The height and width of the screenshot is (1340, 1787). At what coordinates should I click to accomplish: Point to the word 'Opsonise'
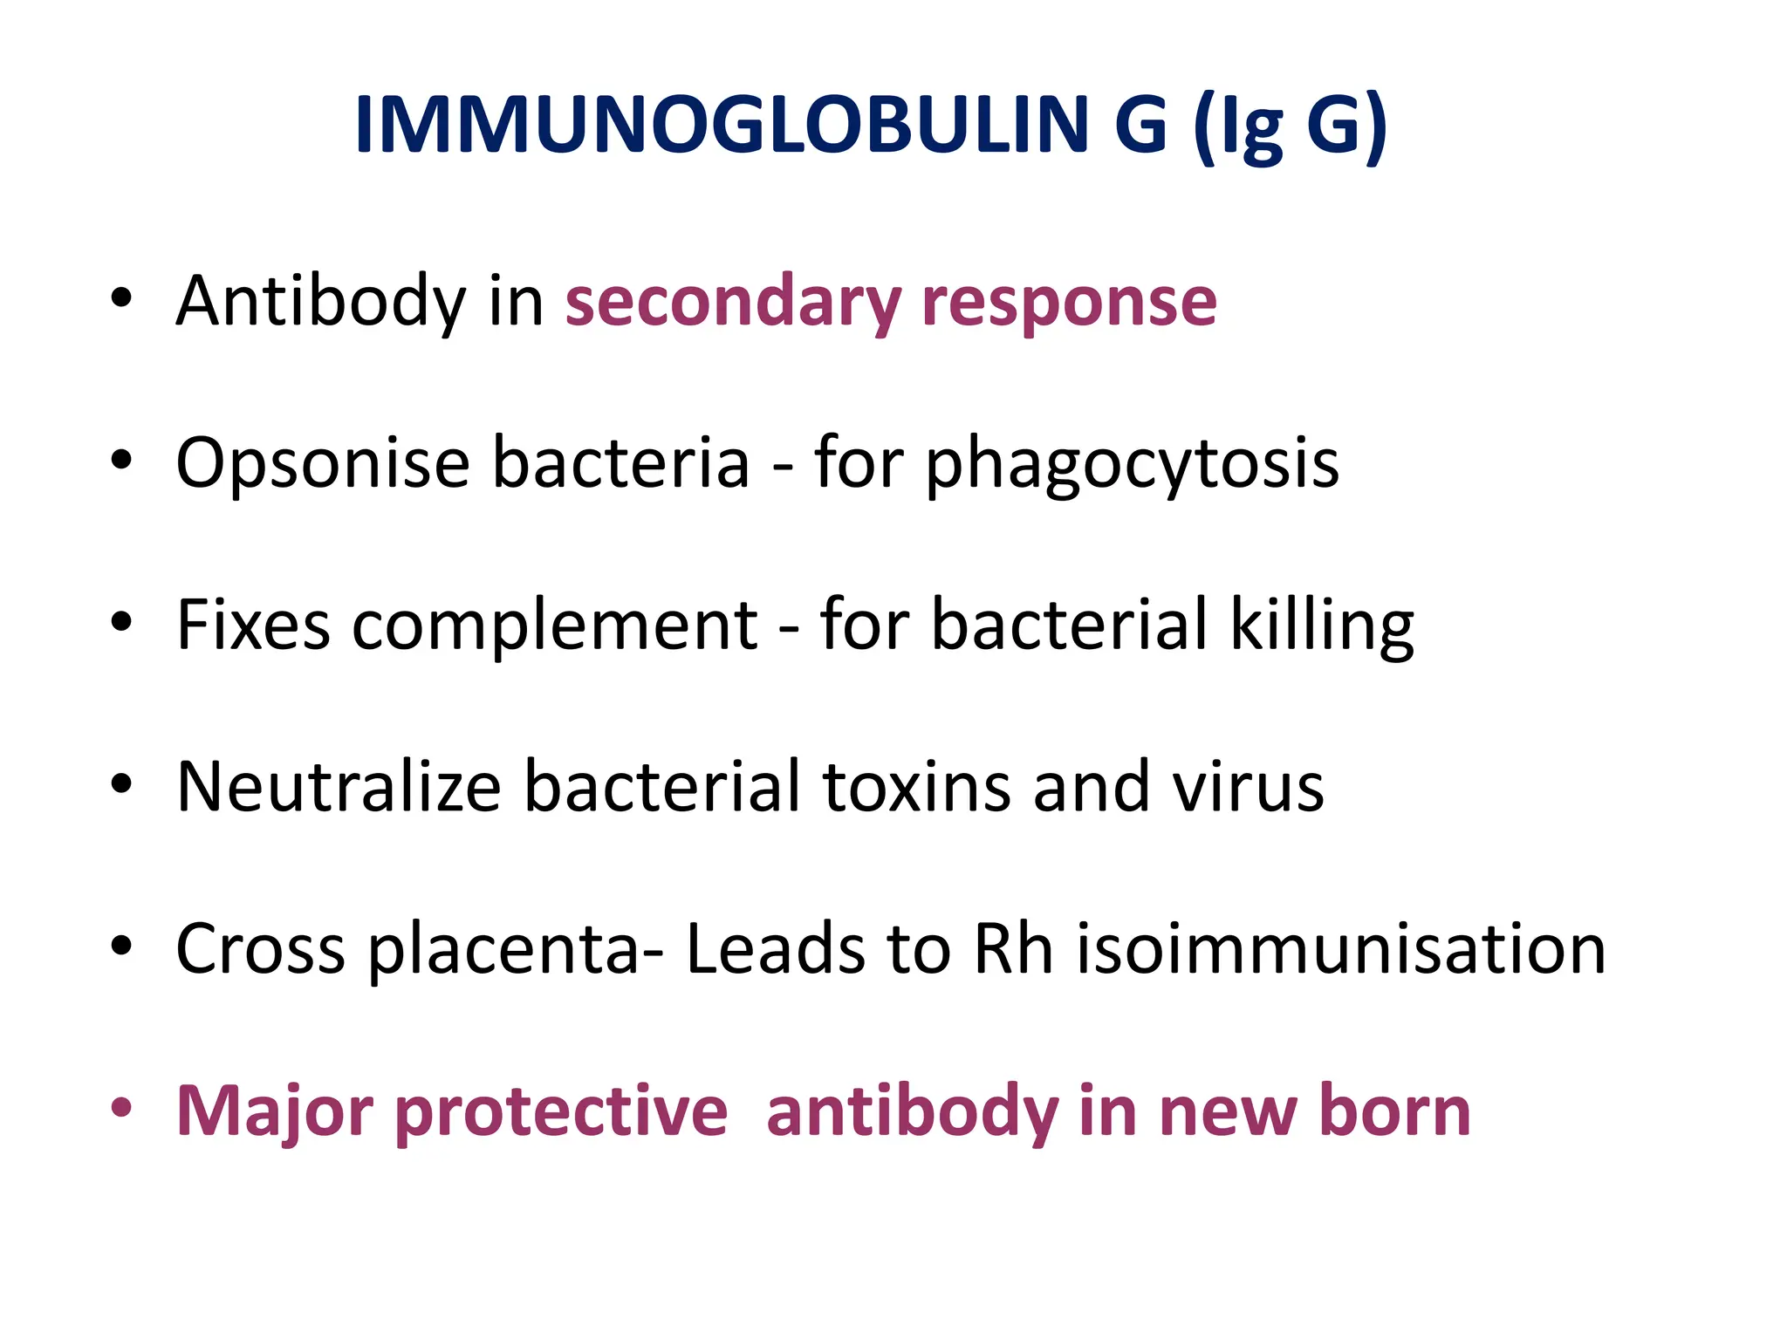(x=323, y=463)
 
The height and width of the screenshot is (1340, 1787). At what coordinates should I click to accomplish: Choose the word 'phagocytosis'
(x=1132, y=463)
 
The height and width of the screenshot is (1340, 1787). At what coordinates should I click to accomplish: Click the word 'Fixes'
(x=253, y=625)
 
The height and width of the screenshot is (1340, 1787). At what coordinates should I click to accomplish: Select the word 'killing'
(x=1322, y=625)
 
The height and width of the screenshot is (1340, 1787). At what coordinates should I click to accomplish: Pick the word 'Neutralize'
(x=339, y=787)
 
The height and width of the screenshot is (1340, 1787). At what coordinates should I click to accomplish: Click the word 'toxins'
(x=917, y=787)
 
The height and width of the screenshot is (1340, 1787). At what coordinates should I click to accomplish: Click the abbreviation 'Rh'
(x=1013, y=948)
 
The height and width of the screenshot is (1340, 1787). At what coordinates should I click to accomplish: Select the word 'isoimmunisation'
(x=1341, y=948)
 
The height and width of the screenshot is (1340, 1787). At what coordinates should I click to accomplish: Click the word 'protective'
(x=561, y=1111)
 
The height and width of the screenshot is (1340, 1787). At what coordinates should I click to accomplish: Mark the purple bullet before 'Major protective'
(x=121, y=1107)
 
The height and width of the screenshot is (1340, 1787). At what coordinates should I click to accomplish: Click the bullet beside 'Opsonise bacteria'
(x=121, y=459)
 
